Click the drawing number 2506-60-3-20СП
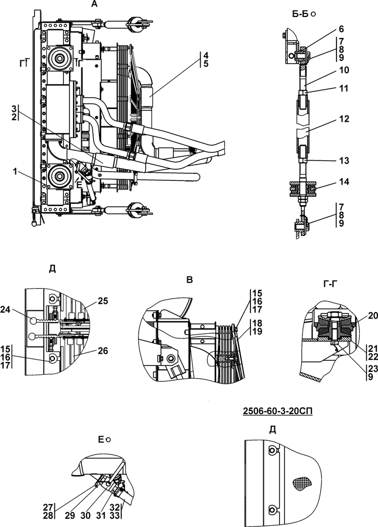[277, 410]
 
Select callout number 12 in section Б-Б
[345, 119]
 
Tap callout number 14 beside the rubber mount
[345, 182]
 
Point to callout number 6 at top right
[341, 29]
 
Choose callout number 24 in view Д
[6, 310]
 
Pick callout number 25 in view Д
[103, 301]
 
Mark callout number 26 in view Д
[103, 351]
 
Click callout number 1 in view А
[15, 172]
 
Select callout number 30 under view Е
[85, 515]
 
